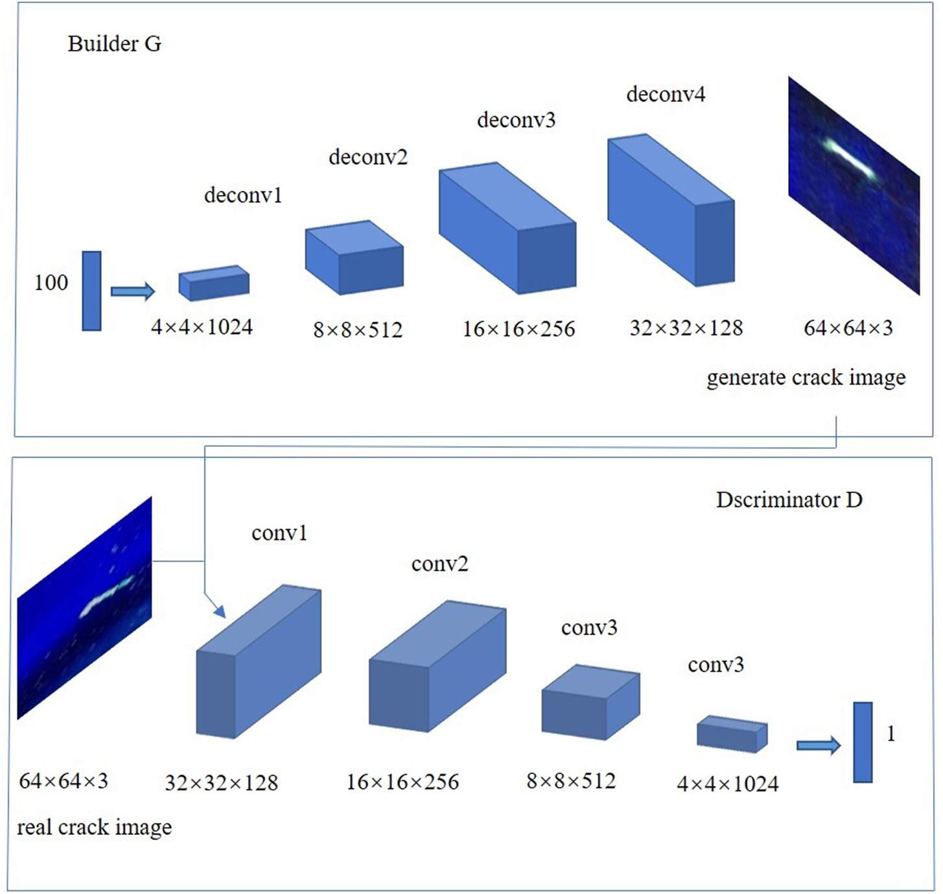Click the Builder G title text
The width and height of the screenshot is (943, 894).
pos(114,44)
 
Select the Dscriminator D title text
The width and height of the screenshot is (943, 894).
pos(789,500)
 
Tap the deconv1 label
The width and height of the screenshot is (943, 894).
pos(243,195)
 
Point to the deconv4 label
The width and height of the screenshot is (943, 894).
pos(666,95)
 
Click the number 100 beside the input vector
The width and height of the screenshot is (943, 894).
pos(51,283)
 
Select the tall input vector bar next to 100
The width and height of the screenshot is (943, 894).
pos(92,291)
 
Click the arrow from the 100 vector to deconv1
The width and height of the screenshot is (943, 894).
pos(133,291)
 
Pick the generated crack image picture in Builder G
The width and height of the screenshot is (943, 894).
pos(854,186)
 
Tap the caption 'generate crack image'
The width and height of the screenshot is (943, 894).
pos(806,378)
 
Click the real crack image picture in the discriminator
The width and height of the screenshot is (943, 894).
pos(84,608)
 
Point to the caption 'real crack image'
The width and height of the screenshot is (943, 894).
pos(95,827)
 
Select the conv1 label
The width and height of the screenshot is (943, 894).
pos(279,533)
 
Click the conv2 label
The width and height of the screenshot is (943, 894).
pos(439,564)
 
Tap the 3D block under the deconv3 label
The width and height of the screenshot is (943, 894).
pos(507,228)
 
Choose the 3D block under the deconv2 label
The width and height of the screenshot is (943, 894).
pos(355,258)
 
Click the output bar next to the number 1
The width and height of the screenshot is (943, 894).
pos(863,742)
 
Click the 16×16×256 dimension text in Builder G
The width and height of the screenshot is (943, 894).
pos(518,329)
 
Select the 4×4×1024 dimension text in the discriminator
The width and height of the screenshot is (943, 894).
pos(727,784)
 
